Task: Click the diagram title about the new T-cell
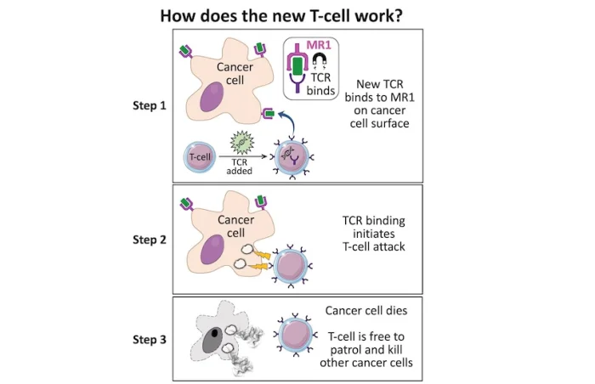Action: coord(297,14)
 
